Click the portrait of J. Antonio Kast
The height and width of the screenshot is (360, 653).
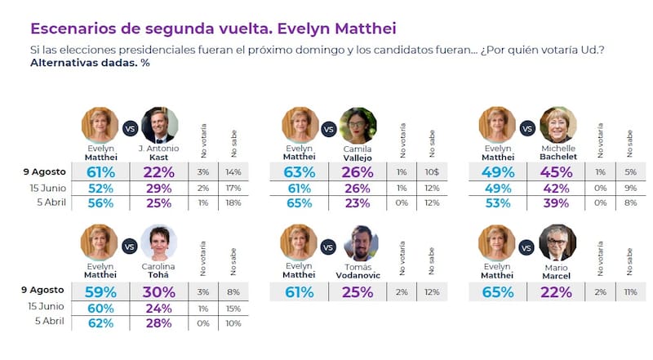[159, 125]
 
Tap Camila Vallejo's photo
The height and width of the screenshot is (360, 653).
[357, 125]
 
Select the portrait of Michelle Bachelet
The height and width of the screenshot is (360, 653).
[558, 125]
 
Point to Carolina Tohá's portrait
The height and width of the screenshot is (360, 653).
[159, 242]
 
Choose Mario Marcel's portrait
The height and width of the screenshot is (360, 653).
[558, 242]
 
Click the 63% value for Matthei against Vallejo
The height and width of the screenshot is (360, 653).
[299, 172]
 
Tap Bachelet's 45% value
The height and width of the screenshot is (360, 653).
[558, 172]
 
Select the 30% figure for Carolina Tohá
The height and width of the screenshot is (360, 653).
[159, 290]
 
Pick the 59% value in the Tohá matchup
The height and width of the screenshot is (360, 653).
[100, 290]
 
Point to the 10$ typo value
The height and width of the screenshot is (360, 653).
[430, 172]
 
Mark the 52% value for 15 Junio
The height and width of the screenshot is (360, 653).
[100, 188]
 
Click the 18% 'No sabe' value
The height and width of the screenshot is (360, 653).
[232, 203]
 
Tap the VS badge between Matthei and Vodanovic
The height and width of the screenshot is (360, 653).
[328, 246]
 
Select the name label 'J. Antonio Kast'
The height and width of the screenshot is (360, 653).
[159, 153]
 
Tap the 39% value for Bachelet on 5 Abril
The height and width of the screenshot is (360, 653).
[558, 203]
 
